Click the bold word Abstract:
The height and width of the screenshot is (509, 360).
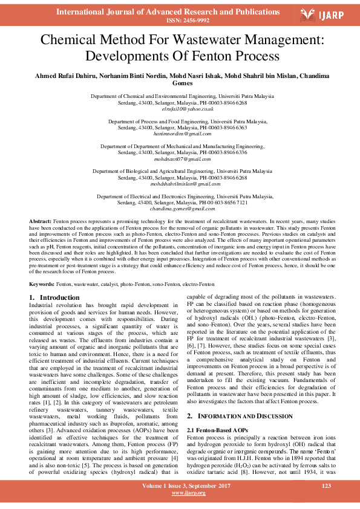coord(40,222)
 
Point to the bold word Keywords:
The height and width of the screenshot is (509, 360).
coord(42,284)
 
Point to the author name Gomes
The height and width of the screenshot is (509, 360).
coord(180,83)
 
